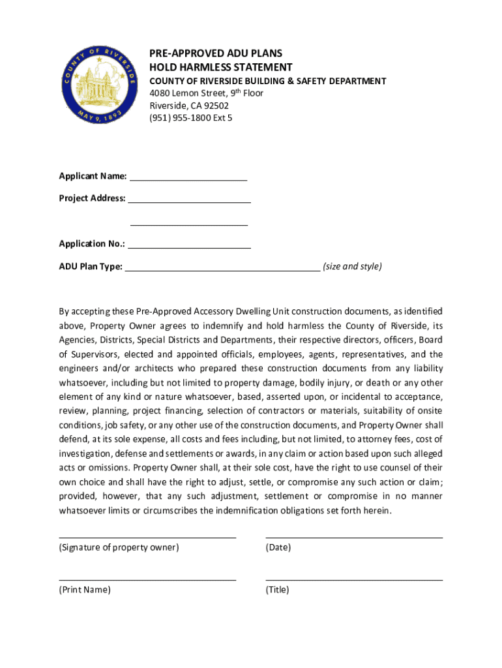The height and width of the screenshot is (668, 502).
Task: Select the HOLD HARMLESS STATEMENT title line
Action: (x=221, y=67)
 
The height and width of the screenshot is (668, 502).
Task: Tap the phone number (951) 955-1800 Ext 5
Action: (x=191, y=118)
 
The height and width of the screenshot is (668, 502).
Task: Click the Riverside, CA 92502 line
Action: (x=189, y=106)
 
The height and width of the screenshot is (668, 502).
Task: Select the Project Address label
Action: (x=92, y=198)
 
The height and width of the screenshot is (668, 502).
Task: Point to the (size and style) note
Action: (x=352, y=267)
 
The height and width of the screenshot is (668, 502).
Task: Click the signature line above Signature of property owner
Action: (x=147, y=538)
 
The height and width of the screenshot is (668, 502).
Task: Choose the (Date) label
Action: (x=278, y=548)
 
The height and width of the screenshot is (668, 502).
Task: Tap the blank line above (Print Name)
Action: (x=147, y=579)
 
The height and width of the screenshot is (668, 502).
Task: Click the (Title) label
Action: (x=277, y=590)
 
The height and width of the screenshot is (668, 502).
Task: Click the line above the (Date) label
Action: (x=354, y=538)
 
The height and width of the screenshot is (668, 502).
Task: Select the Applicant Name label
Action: (x=93, y=176)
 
